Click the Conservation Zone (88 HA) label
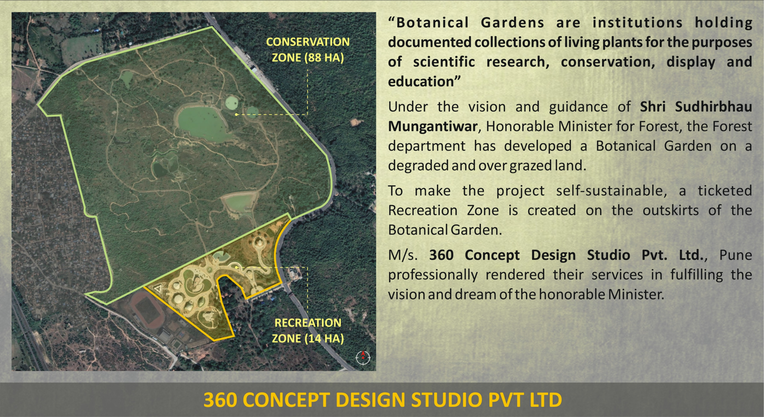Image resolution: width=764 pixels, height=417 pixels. (308, 50)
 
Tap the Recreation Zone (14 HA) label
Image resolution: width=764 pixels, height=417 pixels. (308, 330)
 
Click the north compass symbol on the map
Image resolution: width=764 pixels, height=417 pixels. (363, 357)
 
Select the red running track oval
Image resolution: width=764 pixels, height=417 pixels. (148, 311)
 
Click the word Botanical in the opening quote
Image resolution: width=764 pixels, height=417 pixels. (432, 23)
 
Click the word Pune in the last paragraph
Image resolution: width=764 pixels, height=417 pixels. (736, 255)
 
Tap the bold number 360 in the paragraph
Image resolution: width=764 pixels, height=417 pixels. (441, 255)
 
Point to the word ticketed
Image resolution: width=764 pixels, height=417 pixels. (725, 190)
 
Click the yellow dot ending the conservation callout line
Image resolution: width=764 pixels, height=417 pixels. (236, 115)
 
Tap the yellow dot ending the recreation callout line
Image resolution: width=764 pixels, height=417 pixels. (236, 268)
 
